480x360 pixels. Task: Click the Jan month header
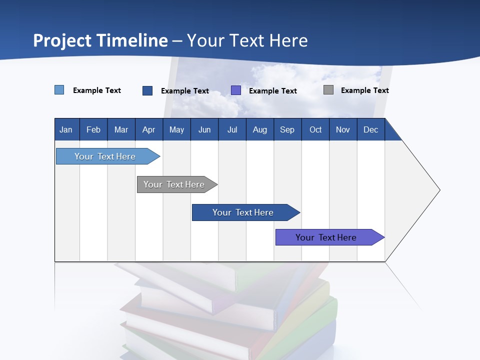click(x=66, y=130)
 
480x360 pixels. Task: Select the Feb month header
click(x=93, y=130)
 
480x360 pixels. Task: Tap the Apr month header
click(x=148, y=130)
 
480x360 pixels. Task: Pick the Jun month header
click(x=204, y=130)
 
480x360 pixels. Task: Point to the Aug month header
click(x=259, y=130)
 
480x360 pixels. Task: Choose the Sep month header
click(x=287, y=130)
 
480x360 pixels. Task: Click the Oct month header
click(x=315, y=130)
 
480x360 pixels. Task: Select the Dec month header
click(x=370, y=130)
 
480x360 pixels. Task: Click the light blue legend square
click(x=59, y=90)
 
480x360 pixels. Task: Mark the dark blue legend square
click(x=147, y=90)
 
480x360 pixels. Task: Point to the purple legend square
click(x=236, y=90)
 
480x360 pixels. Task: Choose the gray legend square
click(x=328, y=90)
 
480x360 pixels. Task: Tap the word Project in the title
click(x=62, y=40)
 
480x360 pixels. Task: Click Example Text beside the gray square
click(x=364, y=90)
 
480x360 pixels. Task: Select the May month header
click(x=176, y=130)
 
